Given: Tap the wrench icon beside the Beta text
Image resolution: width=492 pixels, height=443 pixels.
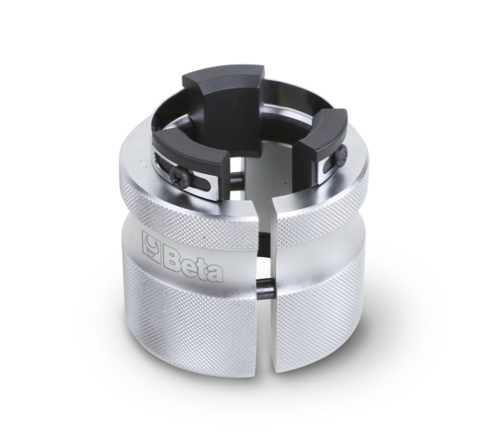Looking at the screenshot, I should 151,245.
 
